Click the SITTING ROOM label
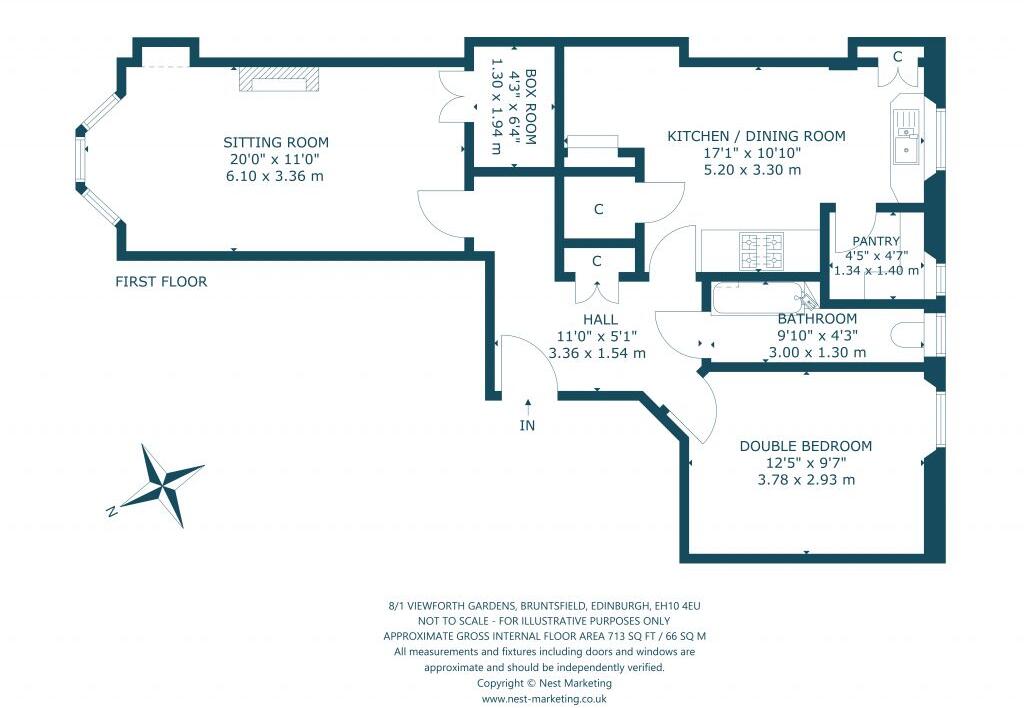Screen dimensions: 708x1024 point(276,142)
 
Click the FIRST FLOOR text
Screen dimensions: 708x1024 point(161,282)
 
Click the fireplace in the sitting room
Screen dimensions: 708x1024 point(280,80)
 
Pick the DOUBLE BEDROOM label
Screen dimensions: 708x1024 point(805,446)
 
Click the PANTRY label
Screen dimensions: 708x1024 point(876,241)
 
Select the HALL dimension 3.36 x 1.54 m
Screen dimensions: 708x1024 point(597,353)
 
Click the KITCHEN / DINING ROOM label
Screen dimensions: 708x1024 point(756,136)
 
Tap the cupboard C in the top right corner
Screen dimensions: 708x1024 point(897,58)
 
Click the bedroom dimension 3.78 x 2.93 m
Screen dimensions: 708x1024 point(805,479)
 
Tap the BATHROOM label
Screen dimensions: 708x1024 point(817,319)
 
